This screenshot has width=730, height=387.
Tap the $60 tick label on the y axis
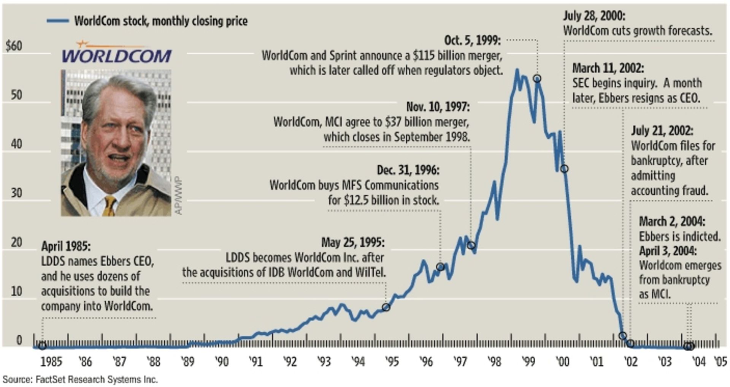pos(14,46)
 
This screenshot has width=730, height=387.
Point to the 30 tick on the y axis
pos(16,193)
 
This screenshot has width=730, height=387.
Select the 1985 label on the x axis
pos(51,362)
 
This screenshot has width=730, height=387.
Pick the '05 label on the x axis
pos(720,362)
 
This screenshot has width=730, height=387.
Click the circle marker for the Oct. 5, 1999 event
pos(537,79)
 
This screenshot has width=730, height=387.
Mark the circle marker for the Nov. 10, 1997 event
pos(471,246)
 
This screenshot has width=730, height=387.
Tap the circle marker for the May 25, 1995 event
pos(386,307)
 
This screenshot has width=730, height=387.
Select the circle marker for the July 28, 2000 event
pos(564,169)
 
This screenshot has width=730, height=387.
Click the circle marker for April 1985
pos(42,346)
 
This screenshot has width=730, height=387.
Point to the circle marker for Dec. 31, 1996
pos(440,267)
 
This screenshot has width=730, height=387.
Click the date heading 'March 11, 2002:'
pos(608,68)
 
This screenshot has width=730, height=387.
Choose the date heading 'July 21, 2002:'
pos(662,131)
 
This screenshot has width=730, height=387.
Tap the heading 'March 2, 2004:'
pos(672,221)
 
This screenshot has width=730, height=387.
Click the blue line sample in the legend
pos(58,21)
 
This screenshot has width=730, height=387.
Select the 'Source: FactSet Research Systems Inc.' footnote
pos(80,379)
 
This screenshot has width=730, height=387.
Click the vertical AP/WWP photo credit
pos(179,195)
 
